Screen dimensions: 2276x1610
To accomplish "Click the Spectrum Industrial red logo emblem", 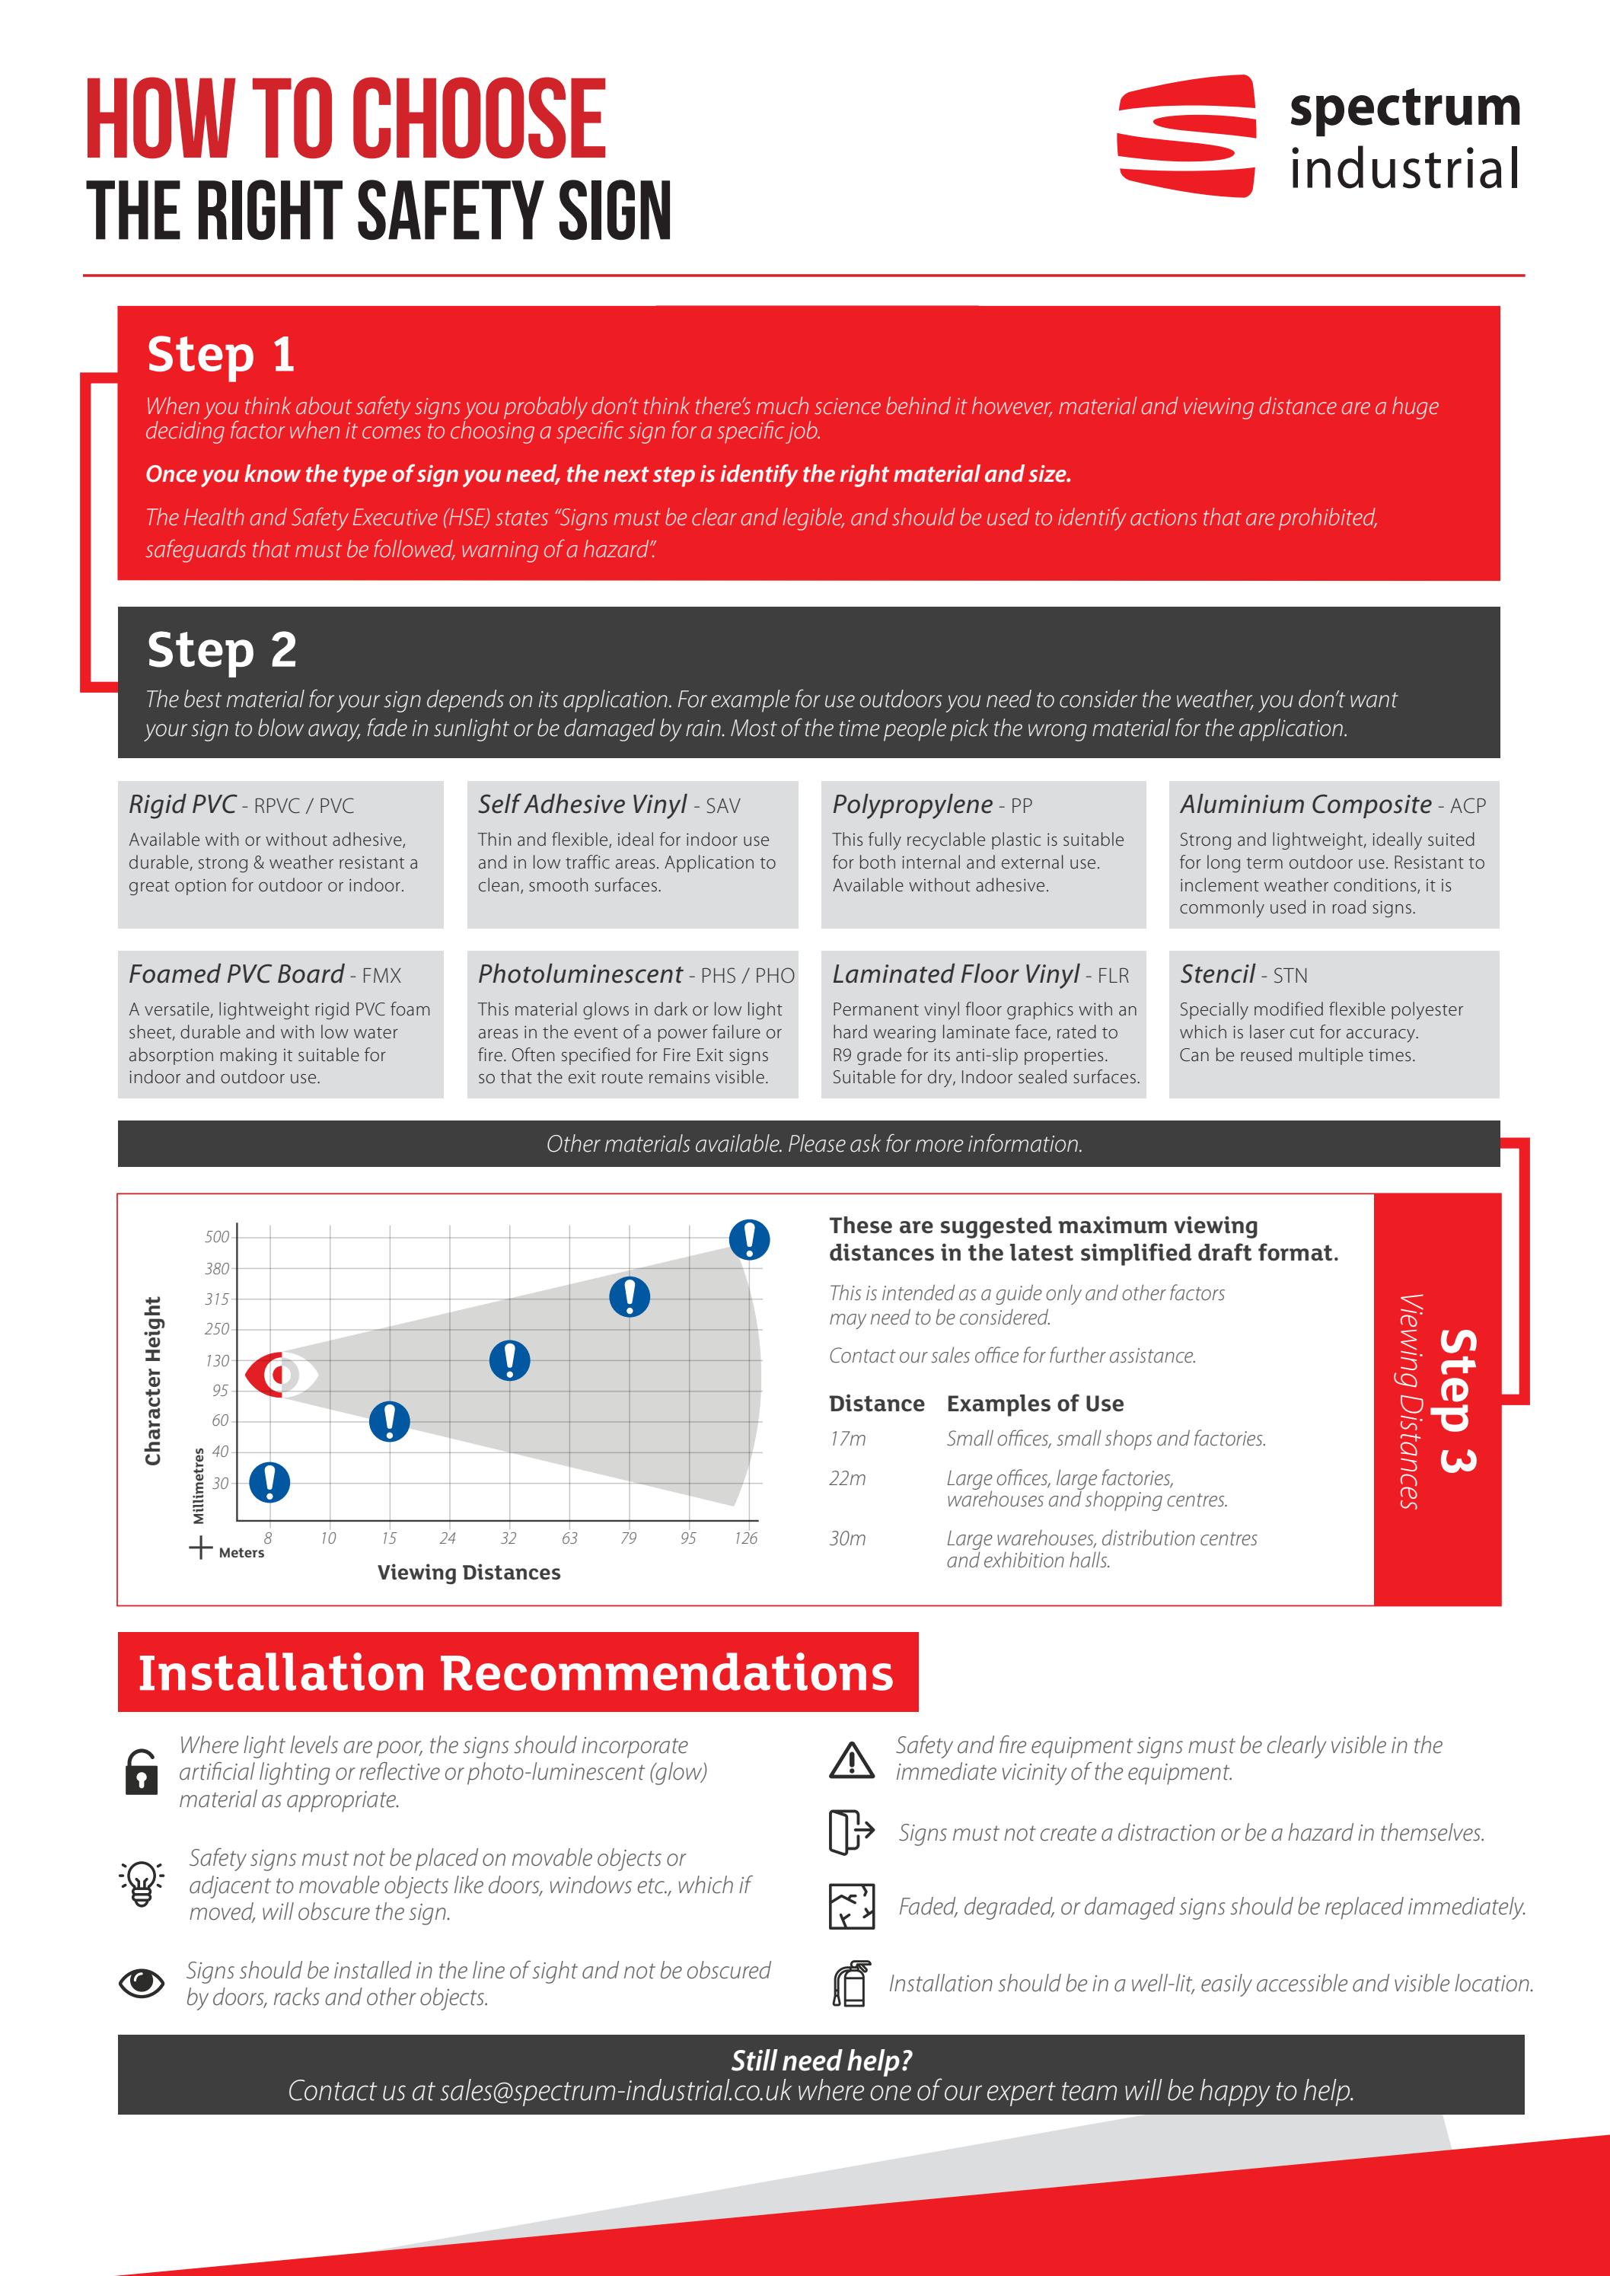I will (1186, 135).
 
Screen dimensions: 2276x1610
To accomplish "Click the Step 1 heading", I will (220, 355).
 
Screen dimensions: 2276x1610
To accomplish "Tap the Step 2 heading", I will (221, 650).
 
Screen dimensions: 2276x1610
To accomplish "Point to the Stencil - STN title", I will (1243, 974).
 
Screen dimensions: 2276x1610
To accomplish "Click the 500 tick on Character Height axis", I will (217, 1237).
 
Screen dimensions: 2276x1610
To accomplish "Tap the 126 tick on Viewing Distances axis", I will (745, 1538).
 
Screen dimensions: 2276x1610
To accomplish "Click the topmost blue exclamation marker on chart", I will (750, 1239).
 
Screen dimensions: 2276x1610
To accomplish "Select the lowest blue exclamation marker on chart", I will (269, 1483).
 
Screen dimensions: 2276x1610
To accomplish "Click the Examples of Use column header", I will (1035, 1404).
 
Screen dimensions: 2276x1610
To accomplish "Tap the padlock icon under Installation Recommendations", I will (142, 1772).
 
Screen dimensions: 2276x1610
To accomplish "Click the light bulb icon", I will (142, 1882).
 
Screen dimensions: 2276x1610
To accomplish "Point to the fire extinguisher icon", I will (850, 1984).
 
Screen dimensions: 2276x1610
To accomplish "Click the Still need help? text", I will (821, 2061).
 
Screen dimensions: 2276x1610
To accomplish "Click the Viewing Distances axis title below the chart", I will (469, 1572).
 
